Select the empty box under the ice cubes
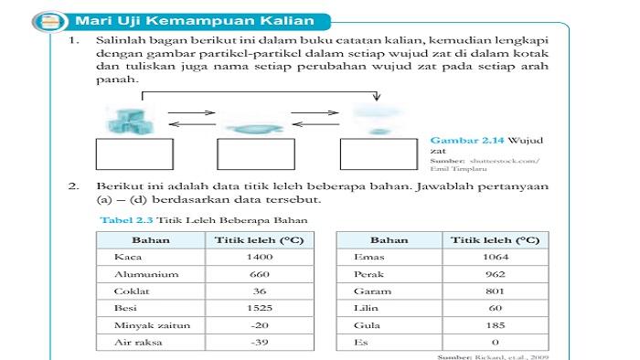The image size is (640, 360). [133, 156]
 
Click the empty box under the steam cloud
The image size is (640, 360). [377, 156]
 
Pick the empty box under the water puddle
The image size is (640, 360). [255, 156]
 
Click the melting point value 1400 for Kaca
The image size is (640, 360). [261, 258]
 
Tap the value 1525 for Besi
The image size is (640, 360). [261, 308]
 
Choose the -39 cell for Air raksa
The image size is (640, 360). [261, 342]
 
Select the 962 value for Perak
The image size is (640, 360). [495, 274]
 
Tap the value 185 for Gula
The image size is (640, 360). [495, 325]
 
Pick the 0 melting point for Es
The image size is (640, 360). [495, 342]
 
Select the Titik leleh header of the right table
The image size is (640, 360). [495, 240]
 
